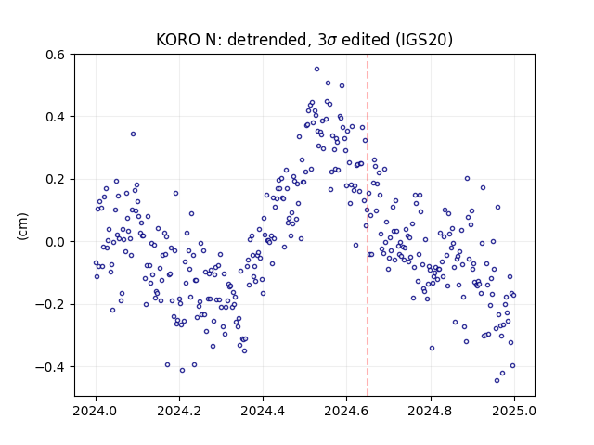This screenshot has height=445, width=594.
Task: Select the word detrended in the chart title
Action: point(266,40)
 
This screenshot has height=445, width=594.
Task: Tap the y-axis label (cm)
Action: point(22,226)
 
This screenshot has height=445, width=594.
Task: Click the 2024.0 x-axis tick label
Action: point(96,411)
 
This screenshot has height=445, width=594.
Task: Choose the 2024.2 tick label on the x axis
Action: point(179,411)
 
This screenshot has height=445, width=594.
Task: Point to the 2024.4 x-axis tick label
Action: point(263,411)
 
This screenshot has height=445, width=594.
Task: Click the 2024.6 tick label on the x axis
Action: point(346,411)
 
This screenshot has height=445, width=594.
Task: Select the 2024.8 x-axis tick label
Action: point(430,411)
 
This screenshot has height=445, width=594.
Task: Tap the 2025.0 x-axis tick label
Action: point(514,411)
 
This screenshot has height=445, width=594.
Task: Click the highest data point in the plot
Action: point(316,70)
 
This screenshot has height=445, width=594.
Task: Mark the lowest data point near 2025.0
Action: point(497,381)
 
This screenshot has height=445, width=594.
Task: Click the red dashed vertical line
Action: point(368,225)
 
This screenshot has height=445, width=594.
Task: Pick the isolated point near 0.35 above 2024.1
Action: point(133,133)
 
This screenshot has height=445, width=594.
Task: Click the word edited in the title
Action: point(366,40)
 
